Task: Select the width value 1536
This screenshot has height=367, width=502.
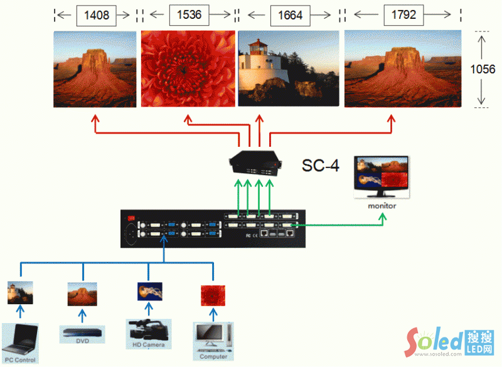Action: tap(189, 14)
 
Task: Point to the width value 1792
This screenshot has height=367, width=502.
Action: tap(403, 14)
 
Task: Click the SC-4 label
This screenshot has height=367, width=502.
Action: tap(321, 166)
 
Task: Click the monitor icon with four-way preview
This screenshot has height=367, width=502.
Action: tap(382, 177)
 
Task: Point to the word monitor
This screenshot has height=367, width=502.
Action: tap(382, 206)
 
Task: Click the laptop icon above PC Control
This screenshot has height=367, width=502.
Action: tap(20, 339)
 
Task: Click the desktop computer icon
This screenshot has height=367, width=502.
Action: tap(213, 337)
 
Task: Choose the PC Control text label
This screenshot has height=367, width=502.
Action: tap(20, 360)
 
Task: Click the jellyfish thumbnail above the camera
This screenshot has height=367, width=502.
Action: tap(149, 291)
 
